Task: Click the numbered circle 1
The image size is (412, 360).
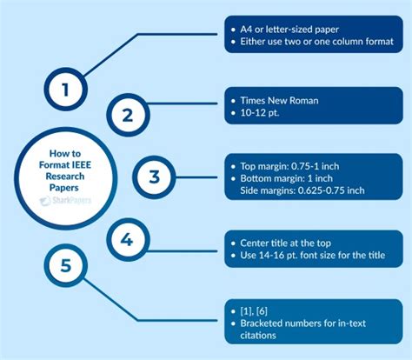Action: coord(66,89)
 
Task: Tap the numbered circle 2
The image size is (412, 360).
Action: coord(128,115)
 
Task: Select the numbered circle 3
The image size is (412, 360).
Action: coord(154,177)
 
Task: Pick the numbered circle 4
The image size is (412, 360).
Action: coord(128,240)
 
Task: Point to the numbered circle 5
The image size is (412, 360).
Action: coord(66,265)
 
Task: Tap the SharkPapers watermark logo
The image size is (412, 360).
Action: coord(65,201)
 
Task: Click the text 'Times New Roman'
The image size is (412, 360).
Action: coord(279,101)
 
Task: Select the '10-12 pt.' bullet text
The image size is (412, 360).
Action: coord(260,113)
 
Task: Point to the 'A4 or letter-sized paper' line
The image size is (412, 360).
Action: coord(289,30)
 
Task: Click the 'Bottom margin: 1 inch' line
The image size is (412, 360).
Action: coord(287,178)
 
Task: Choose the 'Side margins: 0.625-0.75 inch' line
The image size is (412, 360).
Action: coord(302,190)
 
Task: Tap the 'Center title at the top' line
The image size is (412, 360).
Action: coord(285,243)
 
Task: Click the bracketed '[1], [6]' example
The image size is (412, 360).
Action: coord(254,311)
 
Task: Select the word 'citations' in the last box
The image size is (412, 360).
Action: coord(258,336)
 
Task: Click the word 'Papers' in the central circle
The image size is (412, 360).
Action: coord(64,188)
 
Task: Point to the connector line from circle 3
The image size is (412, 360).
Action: coord(196,177)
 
